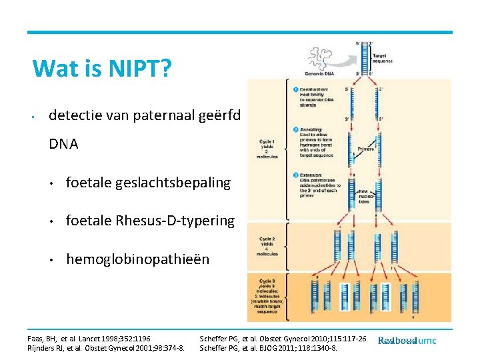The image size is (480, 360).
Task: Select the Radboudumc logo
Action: [407, 341]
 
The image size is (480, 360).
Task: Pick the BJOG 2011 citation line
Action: [269, 348]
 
